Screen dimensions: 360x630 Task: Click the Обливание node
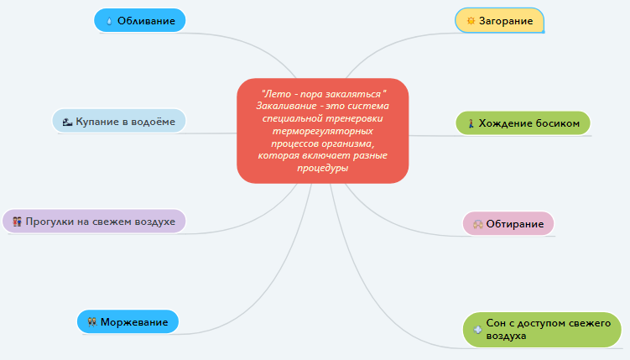click(139, 20)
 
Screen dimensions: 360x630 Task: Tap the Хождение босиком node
click(523, 123)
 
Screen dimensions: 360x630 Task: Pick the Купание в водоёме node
click(118, 122)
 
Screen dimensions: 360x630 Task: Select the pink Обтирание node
click(508, 224)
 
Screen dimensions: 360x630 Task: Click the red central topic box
click(322, 130)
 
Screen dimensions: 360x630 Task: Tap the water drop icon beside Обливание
click(109, 21)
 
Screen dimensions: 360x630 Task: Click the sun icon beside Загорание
click(471, 20)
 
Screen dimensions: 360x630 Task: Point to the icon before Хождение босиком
click(471, 123)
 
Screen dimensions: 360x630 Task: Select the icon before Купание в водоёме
click(67, 123)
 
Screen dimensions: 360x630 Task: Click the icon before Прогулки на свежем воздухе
click(17, 222)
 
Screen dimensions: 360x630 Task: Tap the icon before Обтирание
click(477, 224)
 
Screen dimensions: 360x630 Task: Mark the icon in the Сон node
click(477, 329)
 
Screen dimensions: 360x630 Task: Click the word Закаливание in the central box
click(285, 107)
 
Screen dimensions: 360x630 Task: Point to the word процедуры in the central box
click(322, 168)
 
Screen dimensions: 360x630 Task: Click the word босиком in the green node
click(555, 123)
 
